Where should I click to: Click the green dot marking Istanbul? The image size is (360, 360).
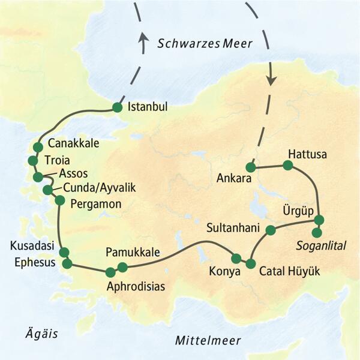pyautogui.click(x=117, y=108)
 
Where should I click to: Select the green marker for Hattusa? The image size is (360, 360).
pyautogui.click(x=288, y=165)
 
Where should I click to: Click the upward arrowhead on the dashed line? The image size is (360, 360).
pyautogui.click(x=143, y=37)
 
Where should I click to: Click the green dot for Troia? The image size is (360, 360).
pyautogui.click(x=32, y=161)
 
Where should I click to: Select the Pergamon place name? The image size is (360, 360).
pyautogui.click(x=96, y=204)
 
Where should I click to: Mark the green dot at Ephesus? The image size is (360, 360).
pyautogui.click(x=67, y=263)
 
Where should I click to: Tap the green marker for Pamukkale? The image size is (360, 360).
pyautogui.click(x=122, y=267)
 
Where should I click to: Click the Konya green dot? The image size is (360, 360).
pyautogui.click(x=236, y=259)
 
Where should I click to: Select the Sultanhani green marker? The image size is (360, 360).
pyautogui.click(x=271, y=229)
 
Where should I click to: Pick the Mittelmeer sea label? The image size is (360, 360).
pyautogui.click(x=208, y=341)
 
